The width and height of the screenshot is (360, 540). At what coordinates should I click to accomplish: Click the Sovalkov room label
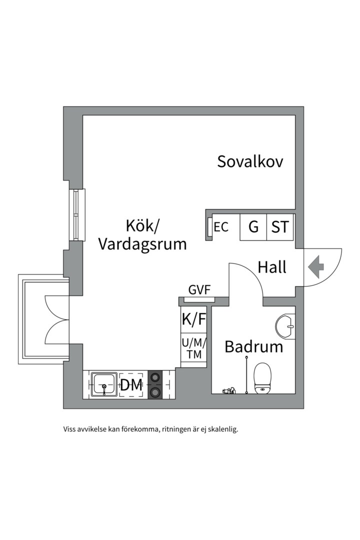click(x=250, y=161)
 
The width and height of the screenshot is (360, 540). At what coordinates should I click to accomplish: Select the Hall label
click(x=272, y=267)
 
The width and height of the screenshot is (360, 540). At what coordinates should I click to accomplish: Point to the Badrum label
click(x=253, y=346)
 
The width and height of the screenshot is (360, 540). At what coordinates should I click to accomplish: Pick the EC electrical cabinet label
click(x=221, y=227)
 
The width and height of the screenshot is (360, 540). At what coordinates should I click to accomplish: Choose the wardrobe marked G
click(x=253, y=227)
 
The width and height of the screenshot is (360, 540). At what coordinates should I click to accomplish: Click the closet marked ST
click(x=280, y=227)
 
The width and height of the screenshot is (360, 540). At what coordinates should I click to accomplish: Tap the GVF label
click(x=199, y=290)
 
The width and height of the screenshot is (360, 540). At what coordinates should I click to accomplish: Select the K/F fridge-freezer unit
click(x=193, y=319)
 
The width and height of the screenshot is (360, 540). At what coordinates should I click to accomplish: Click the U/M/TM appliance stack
click(x=193, y=349)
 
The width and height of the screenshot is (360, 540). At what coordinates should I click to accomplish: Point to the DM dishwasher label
click(x=131, y=385)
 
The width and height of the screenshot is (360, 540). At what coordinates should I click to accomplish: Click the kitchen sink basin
click(x=104, y=384)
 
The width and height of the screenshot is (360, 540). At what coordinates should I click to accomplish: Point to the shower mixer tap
click(x=229, y=390)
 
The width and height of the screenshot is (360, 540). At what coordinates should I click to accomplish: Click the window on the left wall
click(x=76, y=214)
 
